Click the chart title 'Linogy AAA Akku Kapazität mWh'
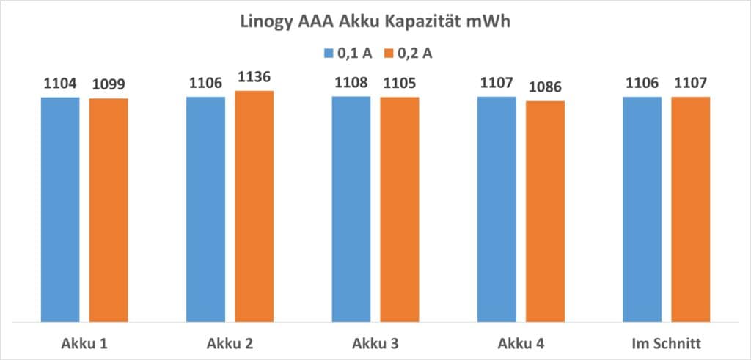375,22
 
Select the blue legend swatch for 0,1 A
329,53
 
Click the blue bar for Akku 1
60,209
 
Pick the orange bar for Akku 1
109,210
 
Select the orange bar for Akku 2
254,206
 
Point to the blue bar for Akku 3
351,208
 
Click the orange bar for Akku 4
546,211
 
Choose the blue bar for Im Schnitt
642,209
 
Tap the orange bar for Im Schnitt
691,209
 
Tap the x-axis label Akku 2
230,342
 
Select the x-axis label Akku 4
521,342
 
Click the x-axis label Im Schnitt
666,342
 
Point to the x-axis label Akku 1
84,342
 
